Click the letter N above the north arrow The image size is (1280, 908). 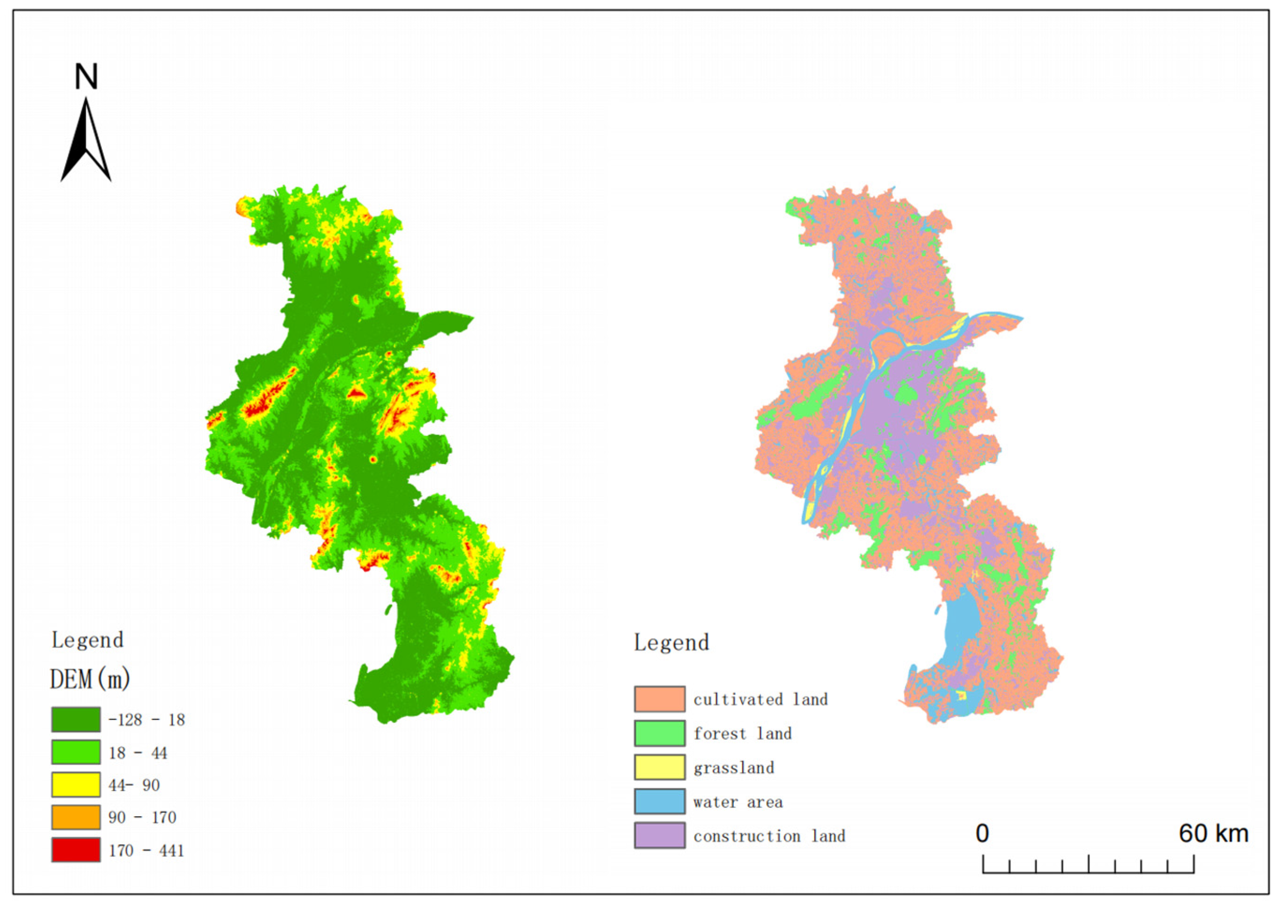tap(86, 77)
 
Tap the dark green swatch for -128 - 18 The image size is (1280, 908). tap(76, 719)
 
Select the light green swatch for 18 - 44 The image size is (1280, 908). tap(76, 752)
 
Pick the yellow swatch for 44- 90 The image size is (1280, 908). tap(76, 785)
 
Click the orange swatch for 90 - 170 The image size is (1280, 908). tap(76, 817)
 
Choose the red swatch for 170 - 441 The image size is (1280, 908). tap(76, 850)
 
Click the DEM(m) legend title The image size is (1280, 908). tap(90, 679)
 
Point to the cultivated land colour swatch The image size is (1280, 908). tap(659, 699)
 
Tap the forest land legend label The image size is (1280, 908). tap(743, 734)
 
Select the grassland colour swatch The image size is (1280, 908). tap(659, 767)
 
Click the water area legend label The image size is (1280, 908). tap(738, 802)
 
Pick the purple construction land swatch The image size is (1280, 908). tap(659, 836)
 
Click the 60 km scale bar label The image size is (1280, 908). tap(1214, 834)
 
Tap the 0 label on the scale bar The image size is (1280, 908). tap(982, 834)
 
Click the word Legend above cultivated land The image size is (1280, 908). tap(671, 642)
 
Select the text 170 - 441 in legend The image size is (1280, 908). tap(146, 850)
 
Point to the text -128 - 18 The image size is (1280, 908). tap(146, 720)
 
